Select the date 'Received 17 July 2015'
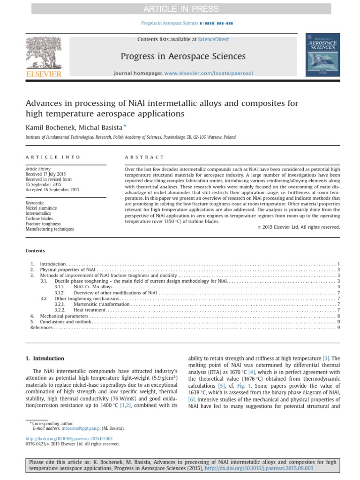[x=46, y=174]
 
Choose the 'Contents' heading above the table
[x=35, y=251]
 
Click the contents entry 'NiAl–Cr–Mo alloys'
[x=93, y=287]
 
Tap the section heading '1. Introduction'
[x=45, y=359]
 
